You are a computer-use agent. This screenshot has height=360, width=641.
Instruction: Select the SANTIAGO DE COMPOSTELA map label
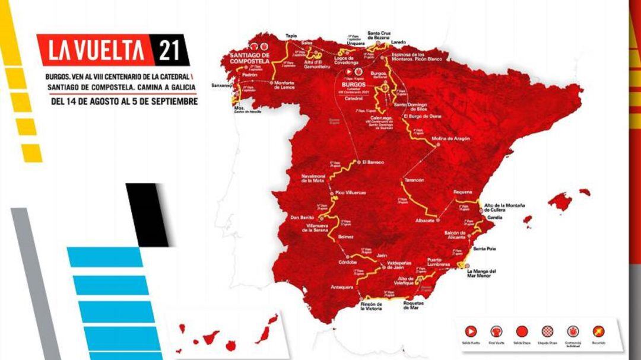[250, 59]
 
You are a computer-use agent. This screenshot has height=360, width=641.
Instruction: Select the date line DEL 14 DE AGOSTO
[124, 101]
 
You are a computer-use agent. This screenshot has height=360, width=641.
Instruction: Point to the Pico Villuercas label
[348, 193]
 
